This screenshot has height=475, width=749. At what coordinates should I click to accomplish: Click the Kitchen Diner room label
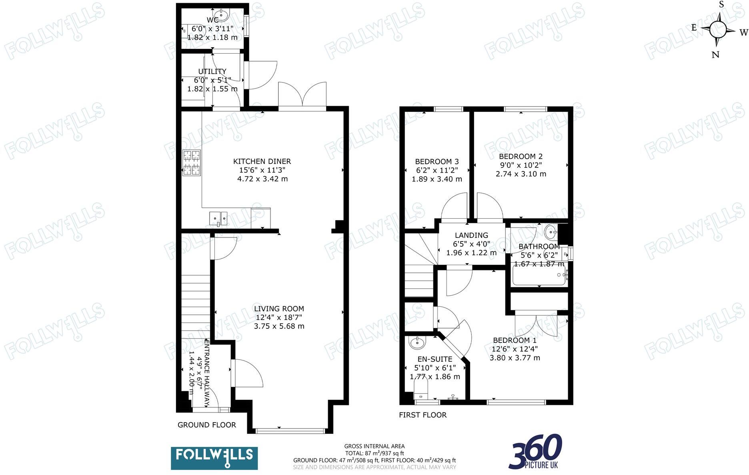[x=262, y=161]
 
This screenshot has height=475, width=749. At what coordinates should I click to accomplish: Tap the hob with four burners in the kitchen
[x=192, y=163]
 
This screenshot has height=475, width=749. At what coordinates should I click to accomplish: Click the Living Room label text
[x=279, y=309]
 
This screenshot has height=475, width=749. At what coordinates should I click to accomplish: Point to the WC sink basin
[x=221, y=15]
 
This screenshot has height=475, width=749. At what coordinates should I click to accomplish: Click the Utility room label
[x=212, y=71]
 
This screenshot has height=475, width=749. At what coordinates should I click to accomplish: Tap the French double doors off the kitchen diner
[x=302, y=96]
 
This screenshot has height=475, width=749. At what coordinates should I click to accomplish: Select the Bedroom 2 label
[x=521, y=157]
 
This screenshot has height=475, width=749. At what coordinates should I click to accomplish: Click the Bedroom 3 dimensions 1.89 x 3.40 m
[x=437, y=179]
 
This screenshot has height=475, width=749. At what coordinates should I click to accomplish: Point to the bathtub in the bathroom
[x=539, y=276]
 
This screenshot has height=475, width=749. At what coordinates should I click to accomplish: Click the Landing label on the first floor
[x=471, y=235]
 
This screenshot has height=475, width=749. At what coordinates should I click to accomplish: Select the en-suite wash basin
[x=418, y=343]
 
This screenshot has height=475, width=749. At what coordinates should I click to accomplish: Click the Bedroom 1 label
[x=515, y=340]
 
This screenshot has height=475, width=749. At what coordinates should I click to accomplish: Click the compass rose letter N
[x=715, y=55]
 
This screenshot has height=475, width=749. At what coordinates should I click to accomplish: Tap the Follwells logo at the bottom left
[x=214, y=458]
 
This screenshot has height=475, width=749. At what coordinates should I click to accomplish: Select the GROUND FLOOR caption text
[x=206, y=425]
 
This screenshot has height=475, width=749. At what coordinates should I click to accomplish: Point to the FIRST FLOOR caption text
[x=423, y=415]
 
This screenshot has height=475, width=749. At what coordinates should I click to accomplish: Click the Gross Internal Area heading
[x=374, y=446]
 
